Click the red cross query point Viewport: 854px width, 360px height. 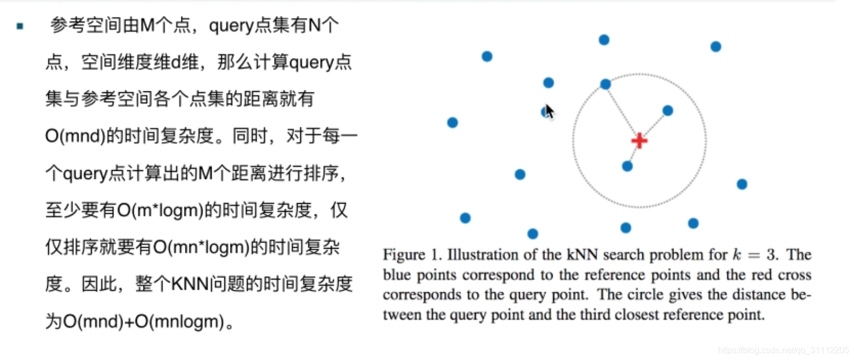click(x=639, y=141)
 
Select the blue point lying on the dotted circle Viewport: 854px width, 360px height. click(x=605, y=84)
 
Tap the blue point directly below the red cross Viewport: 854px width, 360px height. click(x=627, y=167)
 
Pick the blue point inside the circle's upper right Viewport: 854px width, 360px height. click(x=668, y=111)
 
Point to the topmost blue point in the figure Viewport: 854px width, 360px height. click(x=604, y=40)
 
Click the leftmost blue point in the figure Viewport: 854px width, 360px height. click(x=453, y=123)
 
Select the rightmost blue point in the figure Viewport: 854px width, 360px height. click(x=742, y=184)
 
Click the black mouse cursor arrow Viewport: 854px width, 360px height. click(x=549, y=111)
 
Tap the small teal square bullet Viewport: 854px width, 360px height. click(x=20, y=26)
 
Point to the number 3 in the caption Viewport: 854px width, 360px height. click(x=771, y=255)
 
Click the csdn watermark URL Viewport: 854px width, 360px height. click(x=784, y=351)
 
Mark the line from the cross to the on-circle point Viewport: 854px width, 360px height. click(x=621, y=111)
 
